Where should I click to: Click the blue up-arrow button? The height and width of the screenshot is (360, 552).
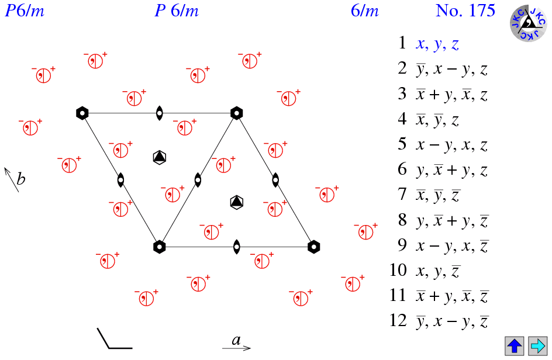[x=515, y=345]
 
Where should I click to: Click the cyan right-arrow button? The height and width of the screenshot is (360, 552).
[x=537, y=345]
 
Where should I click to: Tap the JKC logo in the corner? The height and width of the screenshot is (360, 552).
[x=529, y=23]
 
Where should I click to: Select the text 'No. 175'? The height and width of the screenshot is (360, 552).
[x=465, y=11]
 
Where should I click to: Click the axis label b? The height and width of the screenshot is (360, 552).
[x=20, y=179]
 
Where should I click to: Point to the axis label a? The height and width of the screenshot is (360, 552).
[x=236, y=340]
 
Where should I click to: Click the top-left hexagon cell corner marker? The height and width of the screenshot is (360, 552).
[x=82, y=113]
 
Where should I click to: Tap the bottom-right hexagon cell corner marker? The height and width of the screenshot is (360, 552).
[x=314, y=247]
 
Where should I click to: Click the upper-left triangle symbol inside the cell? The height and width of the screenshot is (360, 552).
[x=159, y=157]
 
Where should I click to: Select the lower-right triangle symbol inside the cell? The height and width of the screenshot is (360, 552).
[x=236, y=202]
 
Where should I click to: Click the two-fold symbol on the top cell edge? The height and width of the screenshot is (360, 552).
[x=159, y=113]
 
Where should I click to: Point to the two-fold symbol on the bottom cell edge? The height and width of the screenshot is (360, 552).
[x=236, y=247]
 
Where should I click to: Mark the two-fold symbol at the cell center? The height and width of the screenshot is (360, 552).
[x=198, y=180]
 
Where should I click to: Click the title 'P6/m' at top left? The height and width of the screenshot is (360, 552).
[x=25, y=11]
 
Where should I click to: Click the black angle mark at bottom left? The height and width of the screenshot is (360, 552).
[x=114, y=339]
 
